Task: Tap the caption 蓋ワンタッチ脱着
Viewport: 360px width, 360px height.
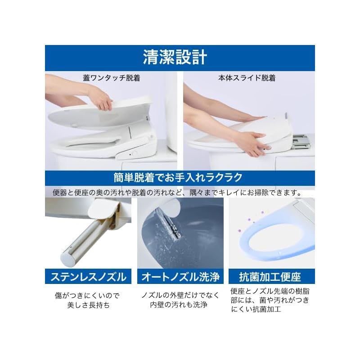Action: click(111, 78)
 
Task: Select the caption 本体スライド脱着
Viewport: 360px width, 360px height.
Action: click(247, 78)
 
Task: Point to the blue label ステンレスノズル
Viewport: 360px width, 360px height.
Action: click(88, 276)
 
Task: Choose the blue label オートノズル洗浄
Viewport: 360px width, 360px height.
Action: click(180, 276)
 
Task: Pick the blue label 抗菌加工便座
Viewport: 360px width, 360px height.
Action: click(271, 276)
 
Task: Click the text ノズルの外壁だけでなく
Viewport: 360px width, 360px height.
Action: click(180, 295)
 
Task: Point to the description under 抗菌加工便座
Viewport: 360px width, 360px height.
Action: click(270, 300)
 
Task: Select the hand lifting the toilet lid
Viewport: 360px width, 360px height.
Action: click(101, 100)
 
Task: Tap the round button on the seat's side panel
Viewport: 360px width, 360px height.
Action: click(134, 153)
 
